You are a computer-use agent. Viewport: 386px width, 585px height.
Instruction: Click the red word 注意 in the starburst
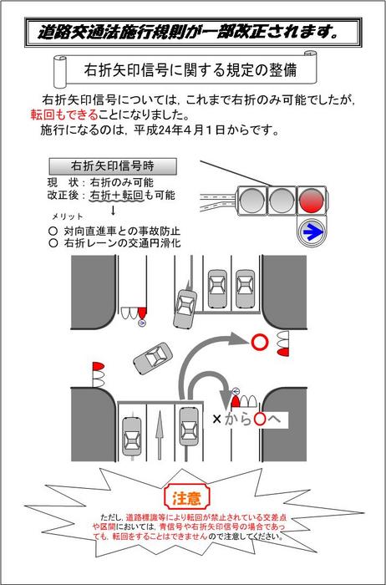[x=186, y=499]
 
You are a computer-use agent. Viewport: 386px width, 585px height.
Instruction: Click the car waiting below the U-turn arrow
[x=190, y=435]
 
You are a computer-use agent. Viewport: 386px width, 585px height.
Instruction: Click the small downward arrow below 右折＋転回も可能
[x=114, y=210]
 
